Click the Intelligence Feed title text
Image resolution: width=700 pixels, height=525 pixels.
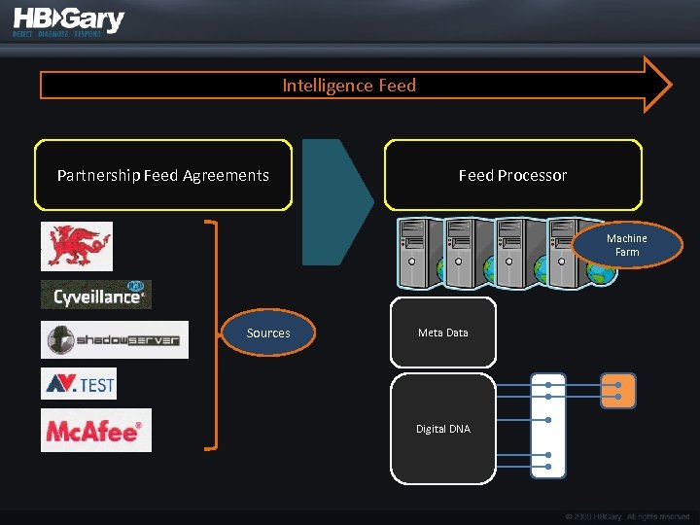[x=349, y=86]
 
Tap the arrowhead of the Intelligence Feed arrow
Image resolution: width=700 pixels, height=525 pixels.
[x=657, y=85]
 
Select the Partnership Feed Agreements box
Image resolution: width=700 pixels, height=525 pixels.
[x=163, y=175]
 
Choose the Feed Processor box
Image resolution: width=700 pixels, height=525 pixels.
[x=513, y=175]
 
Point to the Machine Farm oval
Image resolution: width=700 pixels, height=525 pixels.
[x=627, y=245]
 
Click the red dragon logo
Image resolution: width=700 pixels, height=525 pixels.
[x=77, y=246]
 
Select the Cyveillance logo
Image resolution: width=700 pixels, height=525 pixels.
[x=96, y=295]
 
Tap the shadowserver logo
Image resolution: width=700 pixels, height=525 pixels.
[x=115, y=340]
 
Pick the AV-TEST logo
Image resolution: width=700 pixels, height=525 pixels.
[x=79, y=384]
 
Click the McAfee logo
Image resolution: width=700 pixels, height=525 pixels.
[x=96, y=430]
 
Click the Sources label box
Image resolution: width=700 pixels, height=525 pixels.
[x=268, y=333]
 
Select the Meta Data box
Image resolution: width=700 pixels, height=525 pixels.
[x=443, y=332]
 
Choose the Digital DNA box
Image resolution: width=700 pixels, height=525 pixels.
[x=443, y=429]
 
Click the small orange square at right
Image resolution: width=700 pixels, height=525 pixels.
[x=618, y=390]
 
